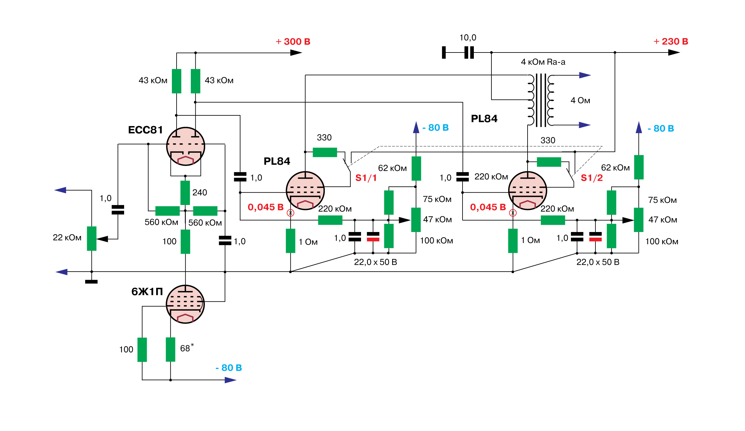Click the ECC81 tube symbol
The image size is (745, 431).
[x=185, y=146]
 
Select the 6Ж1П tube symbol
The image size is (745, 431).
[x=185, y=304]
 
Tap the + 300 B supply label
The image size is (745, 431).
[x=293, y=41]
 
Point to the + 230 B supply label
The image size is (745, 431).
[x=671, y=41]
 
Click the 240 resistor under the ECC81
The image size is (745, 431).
[x=185, y=193]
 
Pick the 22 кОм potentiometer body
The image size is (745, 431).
[x=92, y=239]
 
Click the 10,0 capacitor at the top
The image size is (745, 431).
[x=469, y=52]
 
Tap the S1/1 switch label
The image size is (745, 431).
[x=366, y=178]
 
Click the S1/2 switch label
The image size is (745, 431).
[x=592, y=178]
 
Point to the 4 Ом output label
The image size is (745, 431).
[x=580, y=101]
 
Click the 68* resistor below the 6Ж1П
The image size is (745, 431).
[x=171, y=350]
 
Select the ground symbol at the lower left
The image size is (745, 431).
[x=91, y=282]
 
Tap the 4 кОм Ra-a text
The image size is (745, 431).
[x=543, y=62]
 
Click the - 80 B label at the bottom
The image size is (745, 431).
[x=229, y=368]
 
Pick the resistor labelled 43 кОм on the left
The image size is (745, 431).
[x=177, y=81]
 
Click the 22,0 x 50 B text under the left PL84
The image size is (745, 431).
[x=375, y=262]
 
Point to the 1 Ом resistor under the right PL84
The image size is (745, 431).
[x=513, y=241]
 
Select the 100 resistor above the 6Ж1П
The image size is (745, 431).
[x=185, y=241]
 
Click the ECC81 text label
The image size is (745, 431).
[x=145, y=130]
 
